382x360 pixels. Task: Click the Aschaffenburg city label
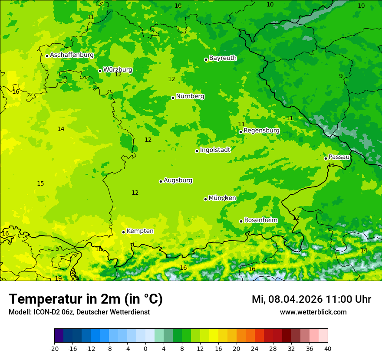tap(72, 55)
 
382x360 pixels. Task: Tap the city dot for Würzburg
tap(100, 71)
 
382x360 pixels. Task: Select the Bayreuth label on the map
tap(223, 58)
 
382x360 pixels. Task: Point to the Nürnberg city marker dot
tap(173, 98)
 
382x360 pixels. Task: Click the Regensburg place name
tap(261, 131)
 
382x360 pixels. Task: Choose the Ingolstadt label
tap(215, 150)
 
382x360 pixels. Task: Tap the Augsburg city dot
tap(161, 181)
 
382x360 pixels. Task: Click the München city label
tap(222, 198)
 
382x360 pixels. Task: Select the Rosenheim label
tap(260, 220)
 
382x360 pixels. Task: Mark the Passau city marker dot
tap(326, 158)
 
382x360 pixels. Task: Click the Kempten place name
tap(140, 231)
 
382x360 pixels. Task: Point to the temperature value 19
tap(58, 278)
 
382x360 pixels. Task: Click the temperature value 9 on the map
tap(341, 76)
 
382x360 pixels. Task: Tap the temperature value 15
tap(40, 183)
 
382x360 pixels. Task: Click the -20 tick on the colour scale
tap(54, 348)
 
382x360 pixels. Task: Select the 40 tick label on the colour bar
tap(328, 348)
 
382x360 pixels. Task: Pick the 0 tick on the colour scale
tap(145, 348)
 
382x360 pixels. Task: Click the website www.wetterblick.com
tap(313, 312)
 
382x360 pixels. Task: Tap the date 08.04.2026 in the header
tap(295, 299)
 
